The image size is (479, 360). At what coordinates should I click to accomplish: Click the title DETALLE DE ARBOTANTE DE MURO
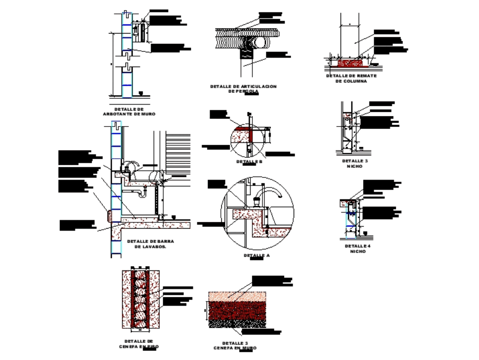click(x=129, y=112)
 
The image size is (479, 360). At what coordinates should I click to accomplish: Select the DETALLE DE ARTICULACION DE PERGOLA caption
click(x=243, y=89)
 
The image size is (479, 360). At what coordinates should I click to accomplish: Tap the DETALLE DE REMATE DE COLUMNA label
click(x=352, y=79)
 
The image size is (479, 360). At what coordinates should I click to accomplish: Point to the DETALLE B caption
click(x=250, y=162)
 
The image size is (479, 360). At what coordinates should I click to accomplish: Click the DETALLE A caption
click(x=257, y=255)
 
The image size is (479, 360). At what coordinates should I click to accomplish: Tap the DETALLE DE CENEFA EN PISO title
click(x=139, y=343)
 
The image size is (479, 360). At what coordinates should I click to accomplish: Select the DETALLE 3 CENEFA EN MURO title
click(x=235, y=346)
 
